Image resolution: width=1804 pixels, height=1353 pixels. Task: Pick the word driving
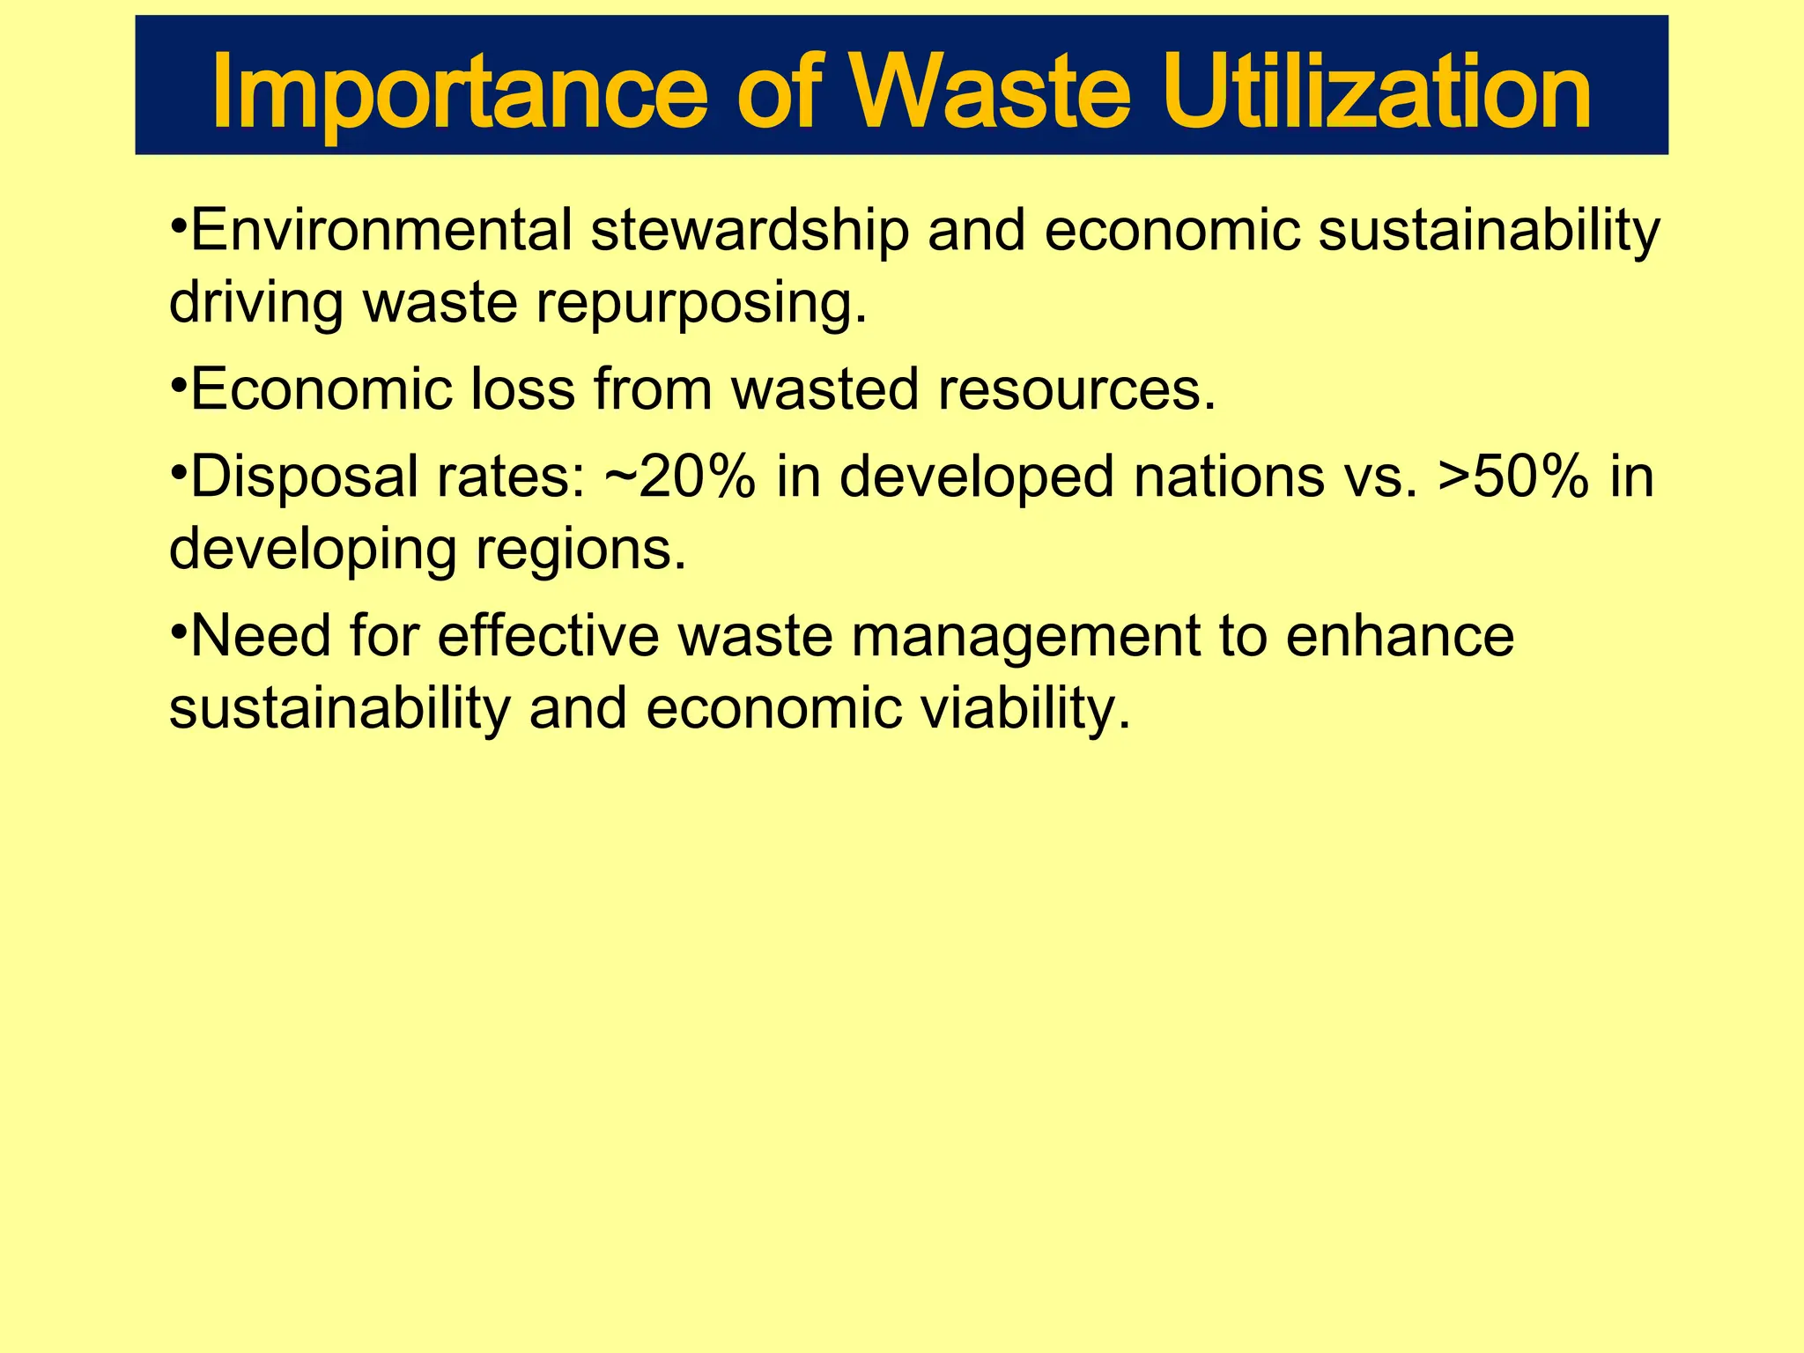(255, 303)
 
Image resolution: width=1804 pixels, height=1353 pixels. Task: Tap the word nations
(1229, 477)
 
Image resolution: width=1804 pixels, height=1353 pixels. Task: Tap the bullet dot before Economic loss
(177, 384)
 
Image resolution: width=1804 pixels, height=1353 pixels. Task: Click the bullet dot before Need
(177, 631)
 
